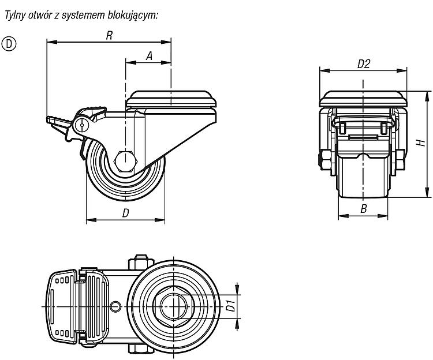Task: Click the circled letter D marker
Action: tap(9, 44)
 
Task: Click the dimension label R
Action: tap(109, 35)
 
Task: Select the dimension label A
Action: tap(149, 56)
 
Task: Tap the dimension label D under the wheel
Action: tap(126, 213)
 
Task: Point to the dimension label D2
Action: tap(363, 64)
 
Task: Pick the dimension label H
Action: tap(421, 143)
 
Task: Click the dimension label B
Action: tap(363, 209)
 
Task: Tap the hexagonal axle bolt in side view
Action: tap(125, 162)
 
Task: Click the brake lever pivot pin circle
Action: tap(82, 125)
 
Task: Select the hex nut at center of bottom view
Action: tap(174, 306)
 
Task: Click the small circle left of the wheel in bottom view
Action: tap(115, 306)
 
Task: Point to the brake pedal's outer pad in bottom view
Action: tap(61, 306)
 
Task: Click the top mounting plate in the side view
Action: tap(171, 99)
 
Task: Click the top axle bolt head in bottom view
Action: tap(141, 262)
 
